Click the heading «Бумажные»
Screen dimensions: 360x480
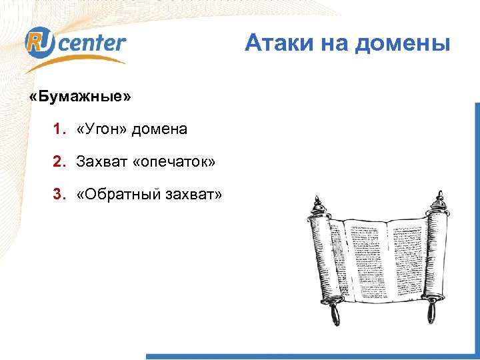(81, 97)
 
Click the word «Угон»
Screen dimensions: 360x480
(102, 129)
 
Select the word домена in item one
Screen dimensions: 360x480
(159, 129)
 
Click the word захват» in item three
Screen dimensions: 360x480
(193, 194)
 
